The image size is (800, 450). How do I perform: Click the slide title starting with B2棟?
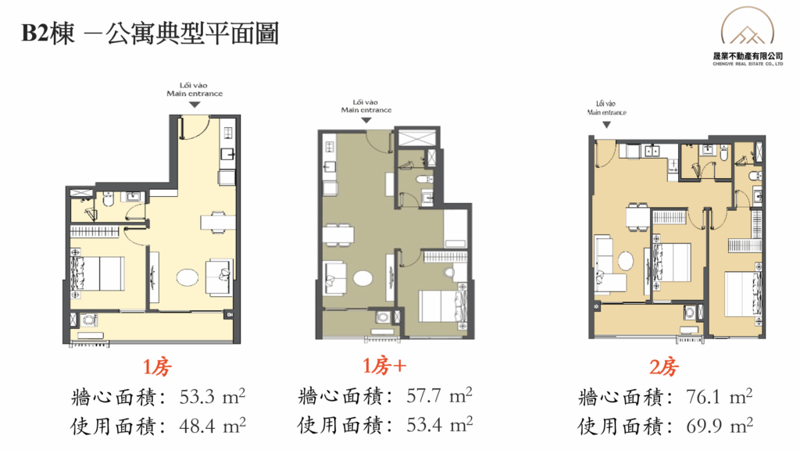[150, 34]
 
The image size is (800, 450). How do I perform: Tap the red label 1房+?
[384, 366]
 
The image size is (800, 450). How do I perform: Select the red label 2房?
[663, 367]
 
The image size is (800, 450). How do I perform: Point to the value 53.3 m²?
[212, 396]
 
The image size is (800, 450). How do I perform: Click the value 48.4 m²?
[212, 426]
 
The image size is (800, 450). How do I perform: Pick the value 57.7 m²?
[439, 395]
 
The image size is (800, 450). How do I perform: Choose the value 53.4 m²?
[439, 424]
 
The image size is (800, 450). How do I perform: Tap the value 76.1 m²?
[720, 396]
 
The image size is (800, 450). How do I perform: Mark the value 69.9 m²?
[720, 426]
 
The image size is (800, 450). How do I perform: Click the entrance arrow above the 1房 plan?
[195, 105]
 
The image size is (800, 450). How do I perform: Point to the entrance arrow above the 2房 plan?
[606, 124]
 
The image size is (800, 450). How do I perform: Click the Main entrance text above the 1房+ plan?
[366, 109]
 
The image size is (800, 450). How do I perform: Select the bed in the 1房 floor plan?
[98, 274]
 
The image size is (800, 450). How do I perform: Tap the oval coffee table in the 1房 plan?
[187, 277]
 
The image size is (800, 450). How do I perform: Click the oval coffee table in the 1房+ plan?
[362, 279]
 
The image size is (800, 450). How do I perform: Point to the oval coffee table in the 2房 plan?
[626, 261]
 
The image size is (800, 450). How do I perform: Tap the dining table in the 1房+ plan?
[338, 234]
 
